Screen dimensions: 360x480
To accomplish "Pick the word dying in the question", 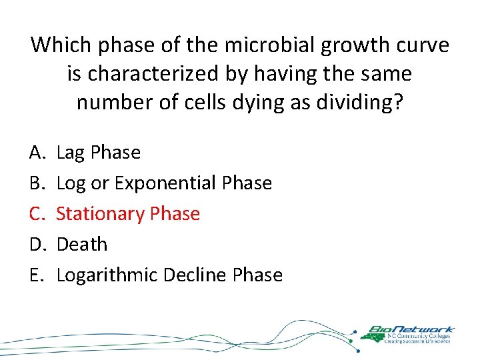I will (251, 103).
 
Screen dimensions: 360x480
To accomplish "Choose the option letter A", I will (36, 153).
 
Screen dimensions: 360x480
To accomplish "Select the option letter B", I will (36, 183).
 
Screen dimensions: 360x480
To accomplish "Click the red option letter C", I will (36, 214).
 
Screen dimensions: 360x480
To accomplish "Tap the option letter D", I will (36, 245).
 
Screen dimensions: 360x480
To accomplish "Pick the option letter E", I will (36, 275).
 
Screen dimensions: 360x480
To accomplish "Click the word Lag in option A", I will (71, 153).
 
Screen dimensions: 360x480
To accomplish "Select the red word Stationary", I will (101, 214).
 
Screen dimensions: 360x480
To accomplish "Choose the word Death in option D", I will (81, 245).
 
